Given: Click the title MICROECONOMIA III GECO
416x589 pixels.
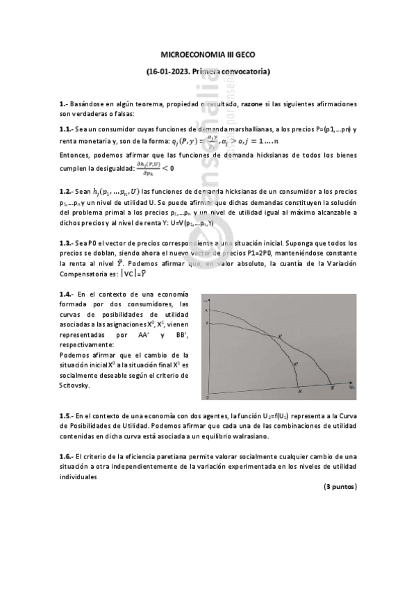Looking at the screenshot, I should [x=208, y=53].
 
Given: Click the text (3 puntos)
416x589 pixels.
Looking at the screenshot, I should [x=340, y=487].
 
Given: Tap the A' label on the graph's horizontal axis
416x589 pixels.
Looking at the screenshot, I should [x=300, y=392].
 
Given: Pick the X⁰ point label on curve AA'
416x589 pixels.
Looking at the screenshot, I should [x=295, y=363].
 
